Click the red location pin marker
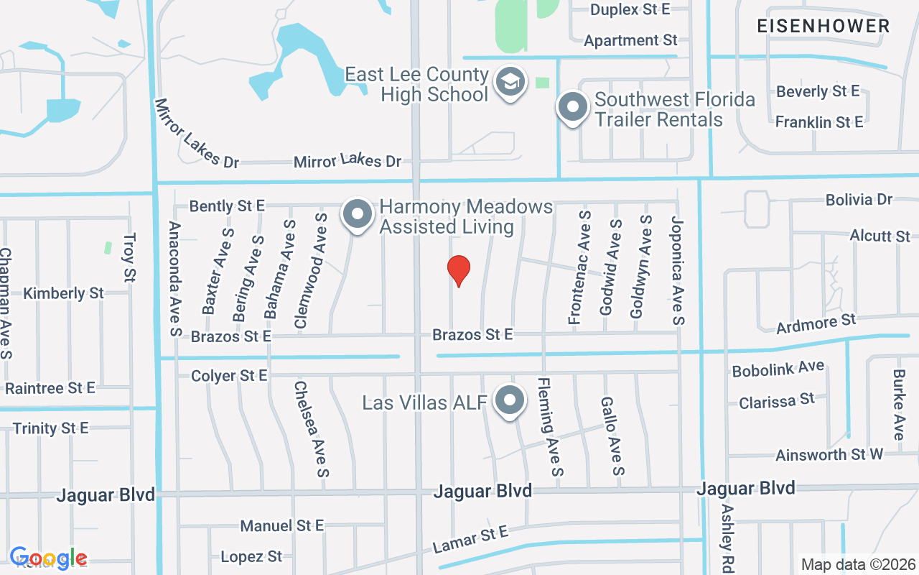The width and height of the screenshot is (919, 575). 459,270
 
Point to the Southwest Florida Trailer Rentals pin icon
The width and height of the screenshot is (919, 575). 572,109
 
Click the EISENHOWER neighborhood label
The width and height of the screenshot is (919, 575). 824,27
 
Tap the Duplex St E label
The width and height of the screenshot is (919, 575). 630,9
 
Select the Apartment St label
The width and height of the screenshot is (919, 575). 630,40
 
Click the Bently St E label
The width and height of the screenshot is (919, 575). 227,206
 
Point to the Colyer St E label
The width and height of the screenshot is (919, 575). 229,376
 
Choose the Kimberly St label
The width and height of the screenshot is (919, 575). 63,293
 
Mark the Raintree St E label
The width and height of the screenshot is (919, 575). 50,389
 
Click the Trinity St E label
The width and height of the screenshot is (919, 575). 50,428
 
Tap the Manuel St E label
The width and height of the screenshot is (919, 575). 282,526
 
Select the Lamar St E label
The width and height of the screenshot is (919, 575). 470,540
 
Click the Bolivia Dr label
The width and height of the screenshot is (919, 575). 859,200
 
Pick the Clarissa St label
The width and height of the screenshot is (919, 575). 777,400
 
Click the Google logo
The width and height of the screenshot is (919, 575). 48,558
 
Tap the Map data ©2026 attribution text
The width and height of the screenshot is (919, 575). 858,564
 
